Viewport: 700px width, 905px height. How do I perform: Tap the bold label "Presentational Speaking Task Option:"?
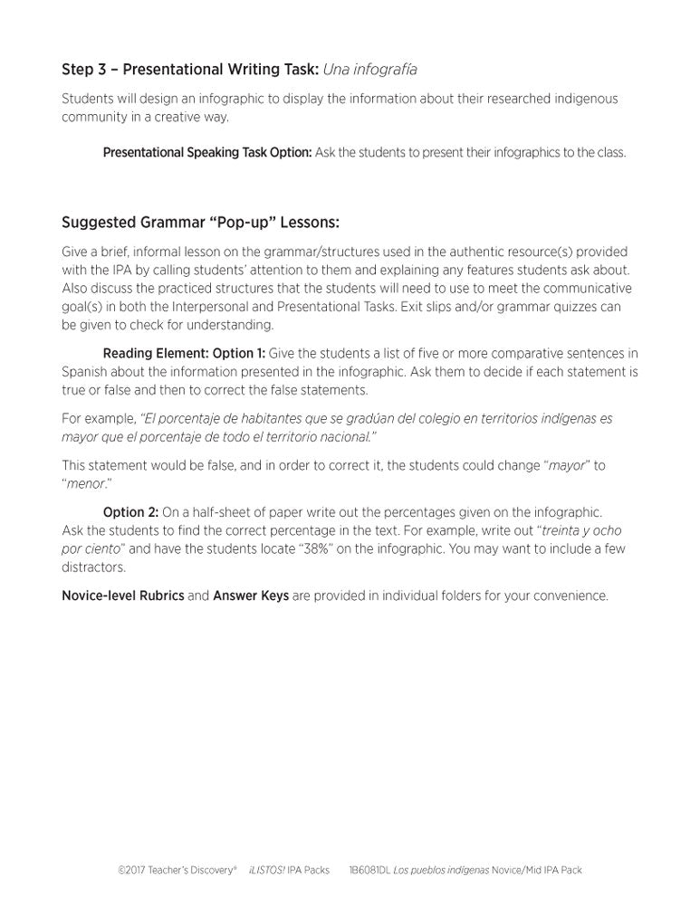207,153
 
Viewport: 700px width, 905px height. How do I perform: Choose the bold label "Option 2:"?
130,512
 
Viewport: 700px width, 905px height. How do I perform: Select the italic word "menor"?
87,484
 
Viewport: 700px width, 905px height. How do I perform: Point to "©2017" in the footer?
132,871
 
